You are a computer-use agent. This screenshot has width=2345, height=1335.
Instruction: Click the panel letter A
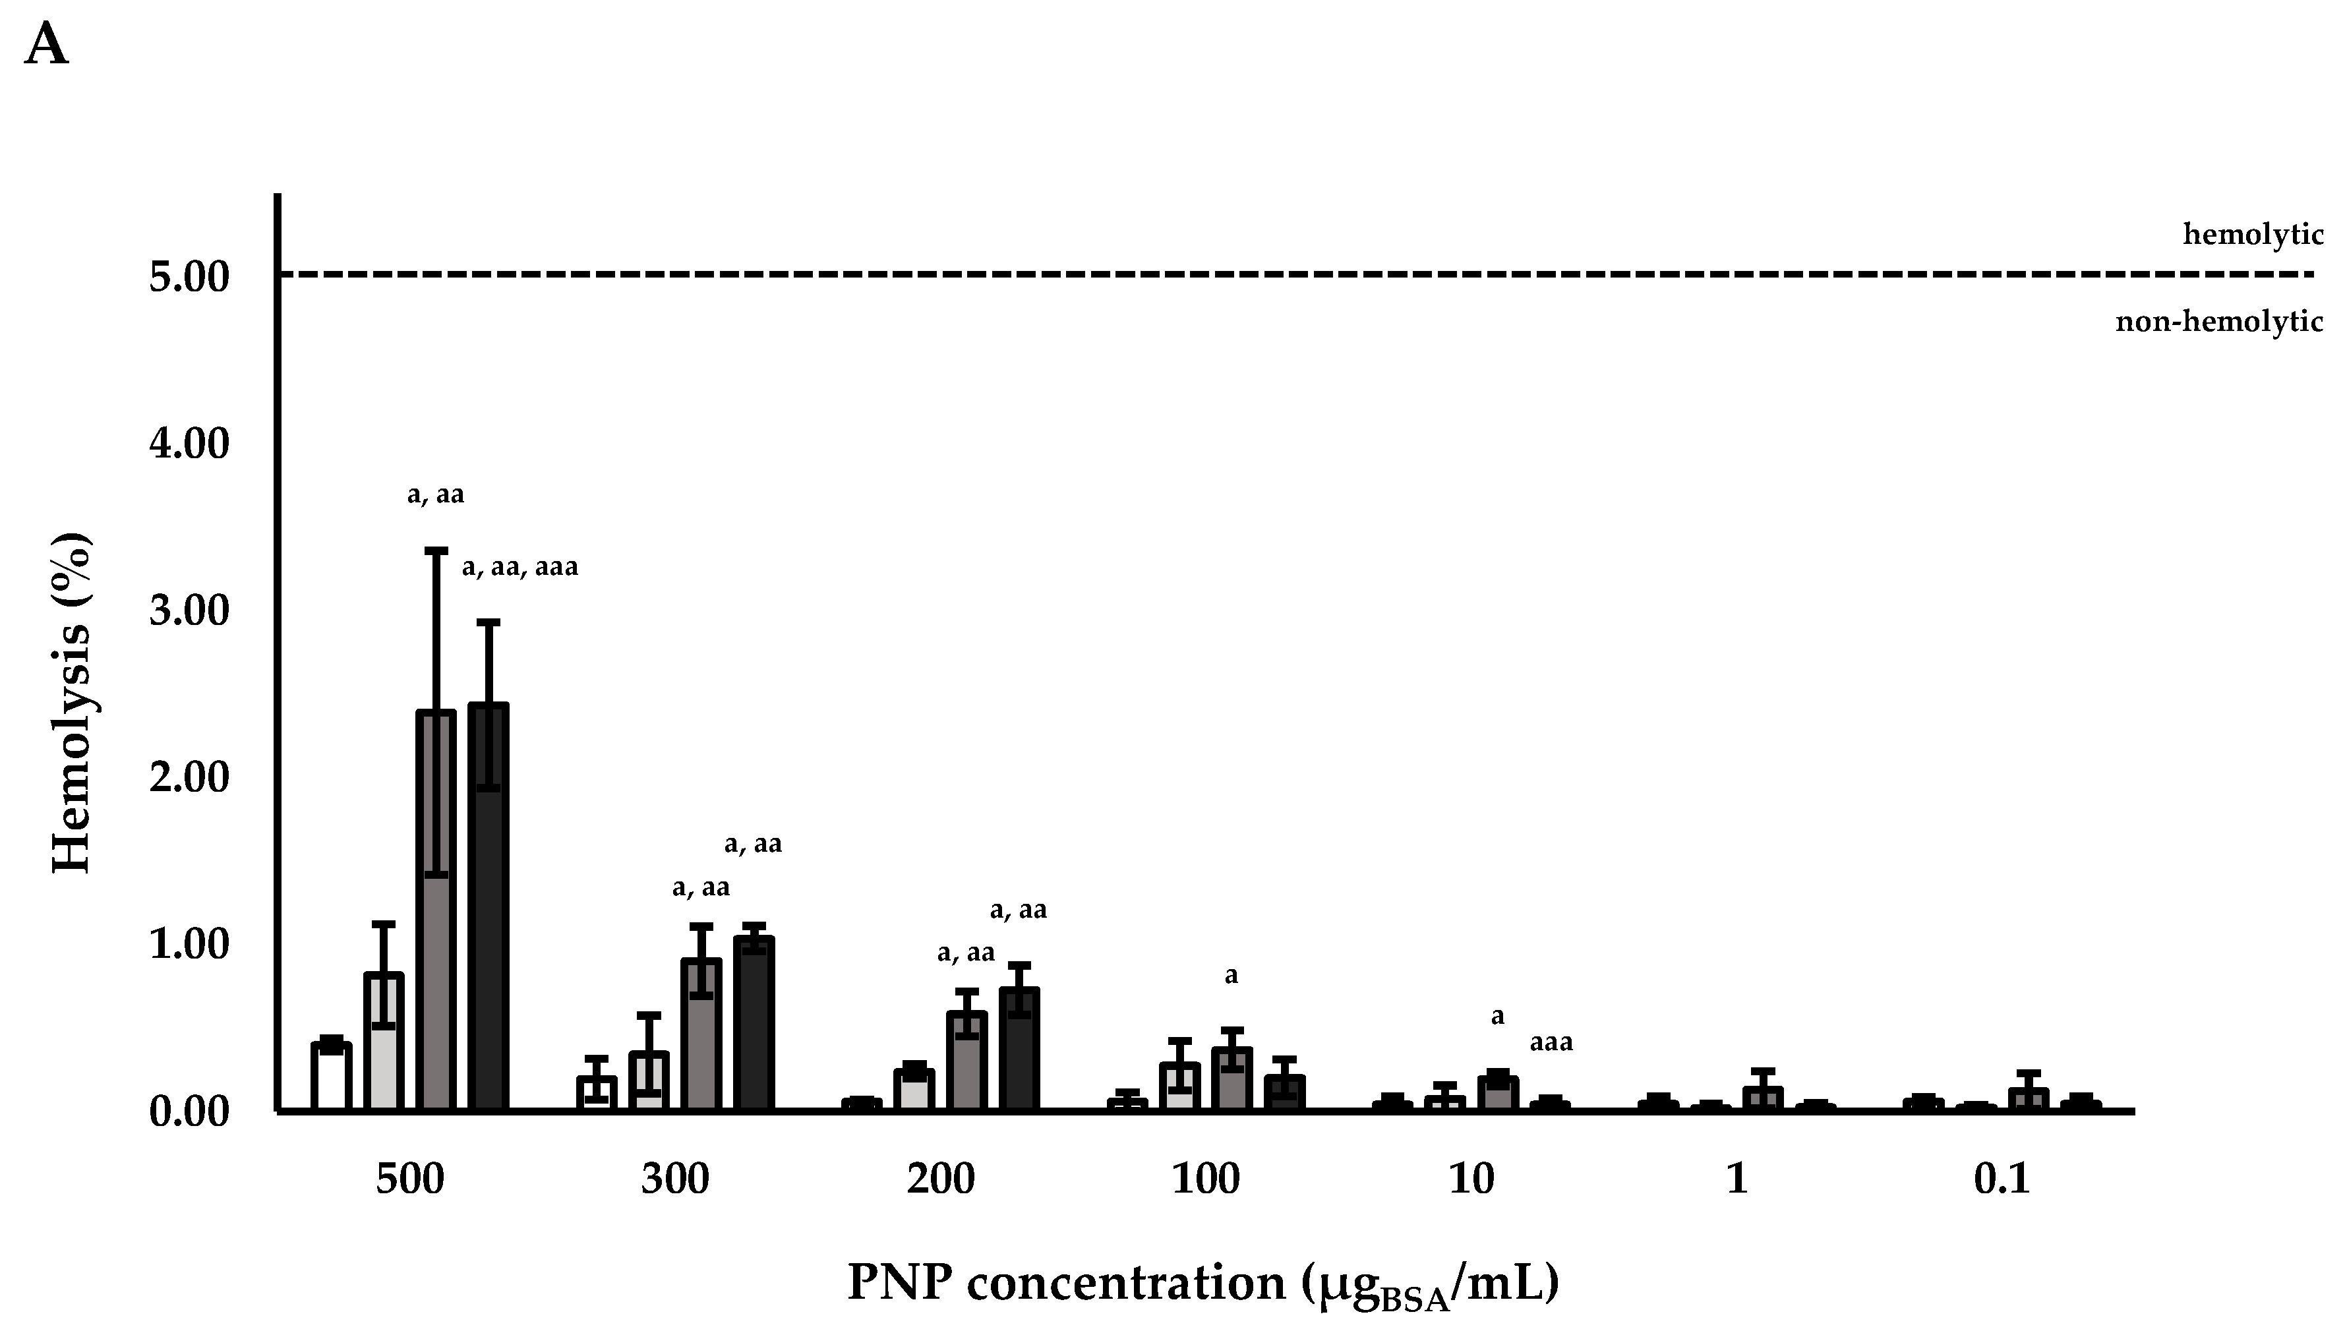pyautogui.click(x=47, y=45)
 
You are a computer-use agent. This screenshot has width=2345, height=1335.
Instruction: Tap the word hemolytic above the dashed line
pyautogui.click(x=2253, y=235)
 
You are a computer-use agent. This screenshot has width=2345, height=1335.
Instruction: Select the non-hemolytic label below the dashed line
pyautogui.click(x=2218, y=322)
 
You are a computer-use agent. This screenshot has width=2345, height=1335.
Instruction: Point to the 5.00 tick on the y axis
pyautogui.click(x=188, y=277)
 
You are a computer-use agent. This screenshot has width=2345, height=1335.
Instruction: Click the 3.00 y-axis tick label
pyautogui.click(x=188, y=612)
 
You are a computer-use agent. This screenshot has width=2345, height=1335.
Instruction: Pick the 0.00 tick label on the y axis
pyautogui.click(x=188, y=1112)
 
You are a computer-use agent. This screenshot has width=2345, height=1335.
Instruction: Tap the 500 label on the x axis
pyautogui.click(x=410, y=1179)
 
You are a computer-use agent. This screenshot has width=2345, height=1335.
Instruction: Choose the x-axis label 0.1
pyautogui.click(x=2002, y=1179)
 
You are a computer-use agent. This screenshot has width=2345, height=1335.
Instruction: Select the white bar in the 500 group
pyautogui.click(x=331, y=1077)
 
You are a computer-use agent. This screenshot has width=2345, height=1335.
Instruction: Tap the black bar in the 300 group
pyautogui.click(x=754, y=1025)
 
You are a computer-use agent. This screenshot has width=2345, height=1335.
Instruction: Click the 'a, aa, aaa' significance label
pyautogui.click(x=519, y=568)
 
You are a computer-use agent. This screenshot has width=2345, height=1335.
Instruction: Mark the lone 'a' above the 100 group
pyautogui.click(x=1230, y=976)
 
